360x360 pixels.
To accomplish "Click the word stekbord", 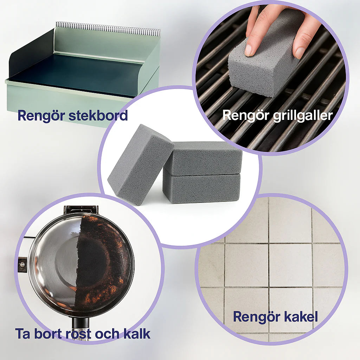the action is tap(98, 115).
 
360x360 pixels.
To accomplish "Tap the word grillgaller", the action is tap(303, 115).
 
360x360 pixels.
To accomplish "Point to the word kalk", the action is tap(137, 334).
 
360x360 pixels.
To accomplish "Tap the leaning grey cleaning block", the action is tap(140, 165).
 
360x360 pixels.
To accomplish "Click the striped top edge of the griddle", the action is tap(108, 27).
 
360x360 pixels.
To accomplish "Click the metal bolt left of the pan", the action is tap(22, 264).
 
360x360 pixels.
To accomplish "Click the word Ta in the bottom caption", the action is tap(22, 334).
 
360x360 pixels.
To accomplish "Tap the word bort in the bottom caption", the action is tap(48, 334).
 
